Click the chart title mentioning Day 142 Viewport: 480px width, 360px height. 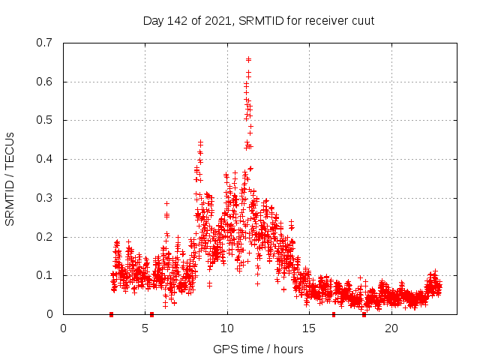pos(258,20)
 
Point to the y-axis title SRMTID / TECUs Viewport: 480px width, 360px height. pos(10,178)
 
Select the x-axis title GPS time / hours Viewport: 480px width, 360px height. pos(258,349)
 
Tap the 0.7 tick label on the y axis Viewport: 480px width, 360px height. pos(44,43)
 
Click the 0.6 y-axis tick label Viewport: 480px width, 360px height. pos(44,82)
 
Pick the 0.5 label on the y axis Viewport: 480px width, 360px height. pos(44,120)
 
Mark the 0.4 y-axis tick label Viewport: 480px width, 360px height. pos(44,159)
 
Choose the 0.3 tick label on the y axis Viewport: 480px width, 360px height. pos(44,198)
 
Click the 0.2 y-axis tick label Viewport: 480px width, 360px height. pos(44,237)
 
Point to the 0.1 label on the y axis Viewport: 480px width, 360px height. pos(44,275)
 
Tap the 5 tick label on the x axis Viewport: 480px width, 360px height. pos(145,328)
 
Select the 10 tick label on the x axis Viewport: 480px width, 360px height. pos(227,328)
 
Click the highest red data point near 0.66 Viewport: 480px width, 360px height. pos(248,58)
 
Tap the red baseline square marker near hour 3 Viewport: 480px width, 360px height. pos(111,314)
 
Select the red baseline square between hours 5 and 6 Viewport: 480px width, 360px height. pos(151,314)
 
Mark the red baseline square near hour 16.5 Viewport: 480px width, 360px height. pos(334,314)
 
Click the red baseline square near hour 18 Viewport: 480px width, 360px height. pos(364,314)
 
